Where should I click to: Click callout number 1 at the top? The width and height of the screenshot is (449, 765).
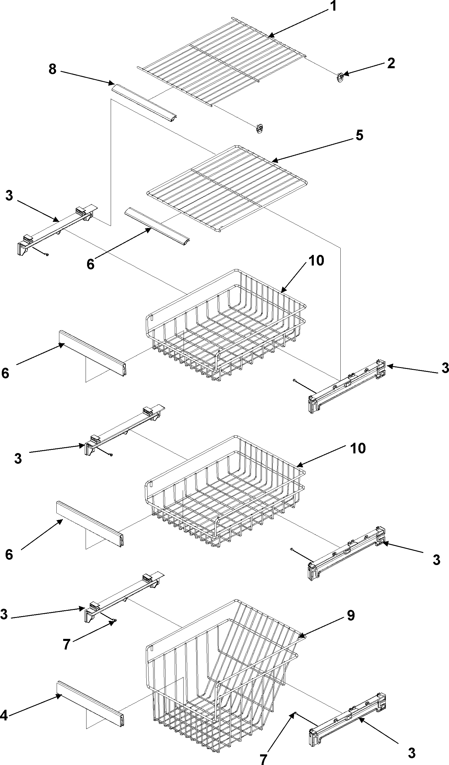pos(333,6)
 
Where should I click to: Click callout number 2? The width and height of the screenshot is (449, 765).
pos(391,64)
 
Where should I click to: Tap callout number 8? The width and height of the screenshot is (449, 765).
pos(53,69)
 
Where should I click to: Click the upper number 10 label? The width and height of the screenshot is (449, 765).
pos(316,261)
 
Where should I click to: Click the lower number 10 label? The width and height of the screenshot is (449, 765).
pos(358,448)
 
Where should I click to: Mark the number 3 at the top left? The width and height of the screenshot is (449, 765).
pos(9,196)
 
